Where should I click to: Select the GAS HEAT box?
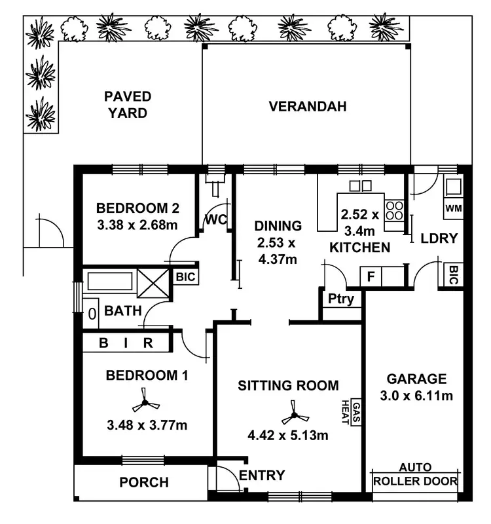pos(356,413)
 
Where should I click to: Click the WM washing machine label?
pos(453,208)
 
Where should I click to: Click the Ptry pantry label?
pos(341,299)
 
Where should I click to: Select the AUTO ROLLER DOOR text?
pos(415,475)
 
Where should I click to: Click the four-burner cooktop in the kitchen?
pos(394,210)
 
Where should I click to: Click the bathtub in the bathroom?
pos(110,283)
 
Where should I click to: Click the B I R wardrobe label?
pos(126,342)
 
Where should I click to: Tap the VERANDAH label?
pos(307,107)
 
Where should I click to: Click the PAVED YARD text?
pos(128,105)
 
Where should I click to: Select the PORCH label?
pos(143,483)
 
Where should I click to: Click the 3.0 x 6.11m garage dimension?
pos(416,396)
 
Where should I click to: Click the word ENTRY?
pos(262,476)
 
